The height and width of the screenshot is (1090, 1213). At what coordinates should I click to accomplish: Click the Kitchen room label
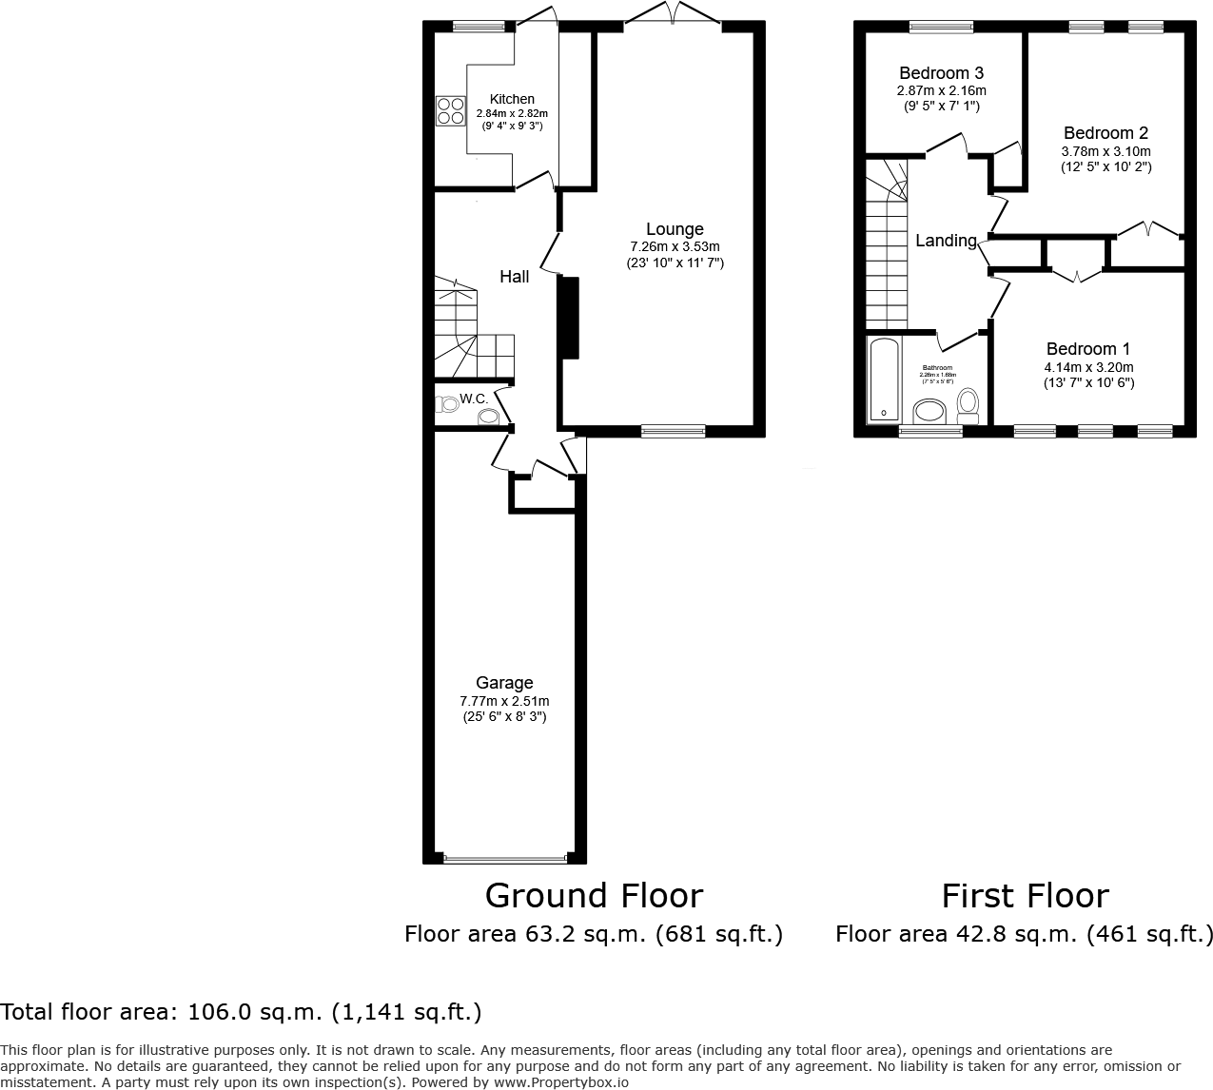(x=512, y=99)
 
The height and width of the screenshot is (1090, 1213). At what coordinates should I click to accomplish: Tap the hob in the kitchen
(x=450, y=111)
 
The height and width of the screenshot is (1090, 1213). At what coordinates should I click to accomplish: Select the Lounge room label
(x=675, y=229)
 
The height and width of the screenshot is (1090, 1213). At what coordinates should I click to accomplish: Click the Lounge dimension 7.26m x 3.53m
(x=675, y=247)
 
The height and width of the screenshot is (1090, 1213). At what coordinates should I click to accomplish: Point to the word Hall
(x=515, y=277)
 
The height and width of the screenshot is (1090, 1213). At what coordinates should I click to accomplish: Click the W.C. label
(x=474, y=399)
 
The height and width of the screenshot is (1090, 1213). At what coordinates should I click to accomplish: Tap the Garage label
(x=504, y=683)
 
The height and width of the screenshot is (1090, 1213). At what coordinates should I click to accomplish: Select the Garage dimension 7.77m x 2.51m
(x=504, y=701)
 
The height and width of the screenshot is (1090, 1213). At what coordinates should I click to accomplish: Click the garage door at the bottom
(x=504, y=859)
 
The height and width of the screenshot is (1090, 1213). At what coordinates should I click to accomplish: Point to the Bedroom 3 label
(x=941, y=73)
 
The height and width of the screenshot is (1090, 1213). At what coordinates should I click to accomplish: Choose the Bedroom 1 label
(x=1088, y=349)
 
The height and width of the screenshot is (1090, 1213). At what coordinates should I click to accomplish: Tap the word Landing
(x=946, y=241)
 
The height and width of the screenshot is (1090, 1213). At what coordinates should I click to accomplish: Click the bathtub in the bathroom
(x=884, y=380)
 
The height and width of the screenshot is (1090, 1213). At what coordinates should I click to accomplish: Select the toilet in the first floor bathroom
(x=968, y=405)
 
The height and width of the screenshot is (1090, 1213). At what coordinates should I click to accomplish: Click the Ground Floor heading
(x=594, y=896)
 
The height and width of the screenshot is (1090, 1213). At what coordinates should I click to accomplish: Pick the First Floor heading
(x=1025, y=896)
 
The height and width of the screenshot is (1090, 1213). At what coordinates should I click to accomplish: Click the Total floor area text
(x=241, y=1012)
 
